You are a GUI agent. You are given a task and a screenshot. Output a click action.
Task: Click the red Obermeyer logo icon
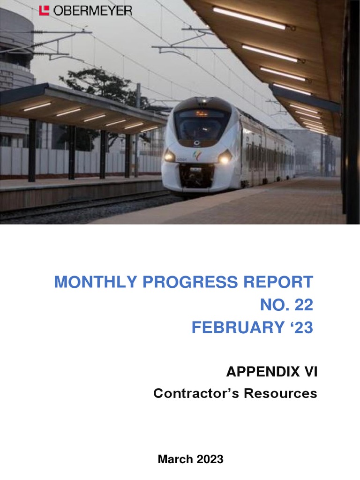44,10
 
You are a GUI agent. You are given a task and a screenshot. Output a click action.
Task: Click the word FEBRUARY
234,328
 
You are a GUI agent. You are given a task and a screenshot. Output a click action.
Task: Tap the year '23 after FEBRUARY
298,328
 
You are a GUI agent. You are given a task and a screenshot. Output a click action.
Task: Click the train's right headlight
225,158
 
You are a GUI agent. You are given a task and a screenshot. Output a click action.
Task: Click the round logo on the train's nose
197,143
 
